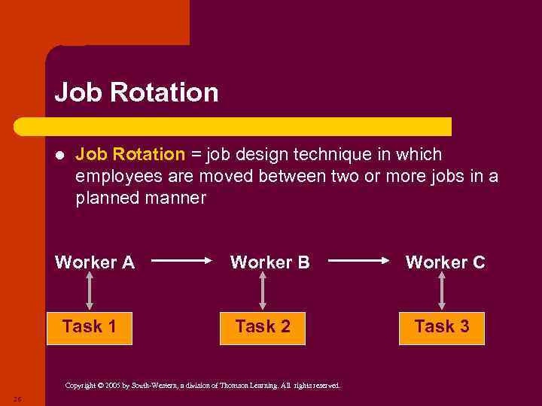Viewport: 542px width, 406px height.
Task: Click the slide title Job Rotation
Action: [136, 92]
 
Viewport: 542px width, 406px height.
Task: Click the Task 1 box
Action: [90, 327]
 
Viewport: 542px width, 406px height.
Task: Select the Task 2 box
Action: [263, 327]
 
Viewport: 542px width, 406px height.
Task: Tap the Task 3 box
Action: [442, 327]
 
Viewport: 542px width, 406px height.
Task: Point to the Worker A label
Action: [95, 262]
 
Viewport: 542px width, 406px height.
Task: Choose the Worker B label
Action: [269, 262]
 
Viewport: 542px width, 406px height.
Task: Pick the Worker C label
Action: [446, 262]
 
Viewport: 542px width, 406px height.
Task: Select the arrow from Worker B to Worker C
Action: [357, 262]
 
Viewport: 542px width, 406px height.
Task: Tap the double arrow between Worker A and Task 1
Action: [90, 291]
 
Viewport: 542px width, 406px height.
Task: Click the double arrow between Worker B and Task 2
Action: [263, 291]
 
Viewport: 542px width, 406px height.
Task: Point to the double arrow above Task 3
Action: [442, 291]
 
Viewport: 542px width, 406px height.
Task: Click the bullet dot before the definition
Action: [60, 156]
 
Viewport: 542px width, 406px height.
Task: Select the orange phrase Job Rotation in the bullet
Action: [130, 155]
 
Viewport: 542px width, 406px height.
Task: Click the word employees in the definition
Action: [114, 177]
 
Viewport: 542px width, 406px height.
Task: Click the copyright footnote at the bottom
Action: [202, 386]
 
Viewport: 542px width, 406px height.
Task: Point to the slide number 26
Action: [17, 398]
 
